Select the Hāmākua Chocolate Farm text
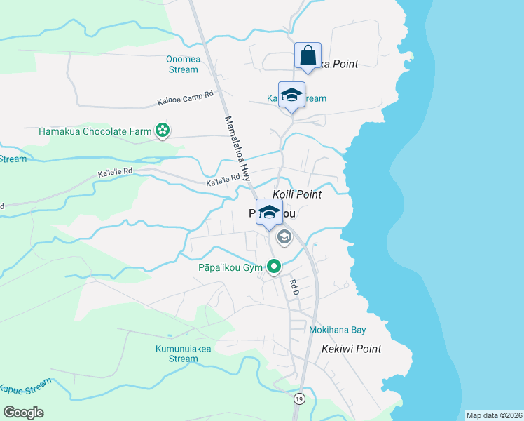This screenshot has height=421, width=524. tap(96, 131)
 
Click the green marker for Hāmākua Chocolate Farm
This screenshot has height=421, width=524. tap(163, 131)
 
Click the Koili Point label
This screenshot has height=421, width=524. tap(297, 194)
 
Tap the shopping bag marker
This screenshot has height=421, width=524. tap(308, 56)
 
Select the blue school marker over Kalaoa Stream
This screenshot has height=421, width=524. tap(291, 96)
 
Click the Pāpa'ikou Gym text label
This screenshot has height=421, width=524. tap(230, 267)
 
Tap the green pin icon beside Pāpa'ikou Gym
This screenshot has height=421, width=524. tap(274, 267)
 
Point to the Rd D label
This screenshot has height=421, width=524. tap(294, 286)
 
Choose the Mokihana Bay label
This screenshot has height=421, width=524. tap(338, 330)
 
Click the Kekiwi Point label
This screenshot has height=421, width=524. tap(352, 349)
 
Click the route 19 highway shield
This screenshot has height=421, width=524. tap(299, 398)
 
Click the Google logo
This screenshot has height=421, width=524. tap(23, 413)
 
